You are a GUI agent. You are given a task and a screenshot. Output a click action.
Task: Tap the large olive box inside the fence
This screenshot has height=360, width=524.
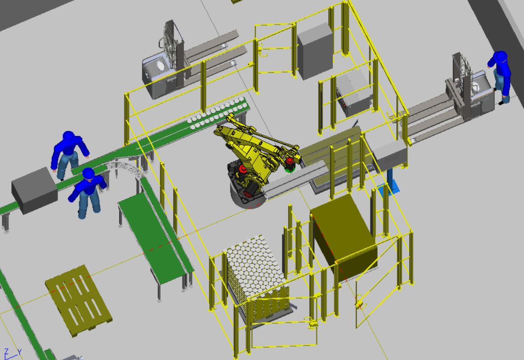pos(344,238)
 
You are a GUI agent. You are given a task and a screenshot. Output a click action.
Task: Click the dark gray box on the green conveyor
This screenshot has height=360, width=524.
pos(34,190)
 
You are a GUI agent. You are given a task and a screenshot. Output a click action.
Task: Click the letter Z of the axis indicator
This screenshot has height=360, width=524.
pos(6,352)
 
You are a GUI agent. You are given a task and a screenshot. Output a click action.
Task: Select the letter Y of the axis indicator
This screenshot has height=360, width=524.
pos(19,352)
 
